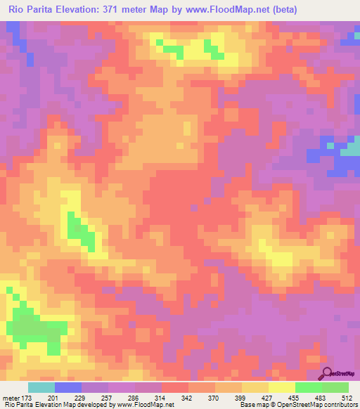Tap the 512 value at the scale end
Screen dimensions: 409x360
[x=346, y=398]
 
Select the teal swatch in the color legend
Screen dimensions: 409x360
[x=41, y=387]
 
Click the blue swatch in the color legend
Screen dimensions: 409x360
[x=68, y=387]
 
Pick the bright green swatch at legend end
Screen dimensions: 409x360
[x=335, y=387]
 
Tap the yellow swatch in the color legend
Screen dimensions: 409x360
[x=282, y=387]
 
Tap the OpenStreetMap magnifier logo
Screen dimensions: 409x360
[x=327, y=373]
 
